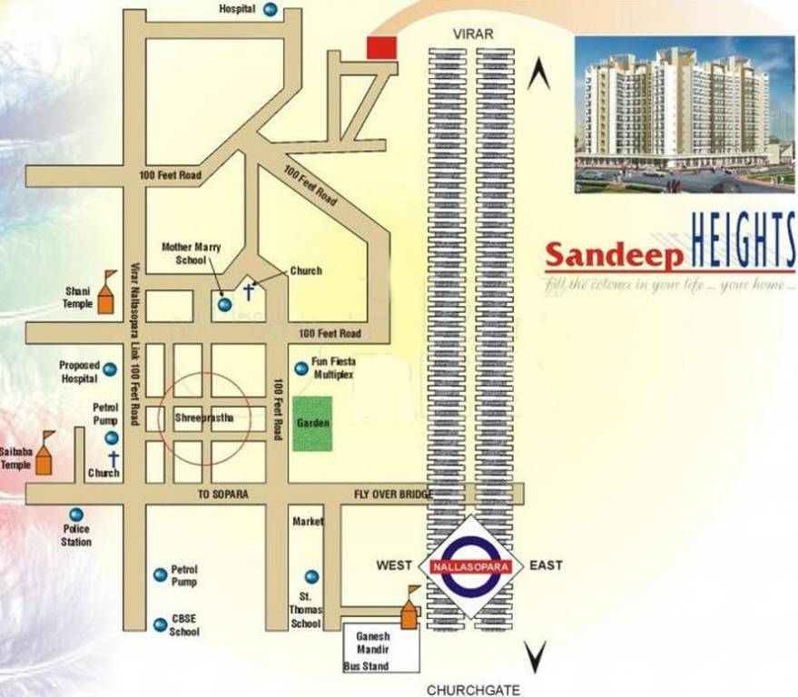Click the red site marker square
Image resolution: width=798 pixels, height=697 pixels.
point(380,48)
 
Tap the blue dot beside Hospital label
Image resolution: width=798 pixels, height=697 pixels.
point(271,9)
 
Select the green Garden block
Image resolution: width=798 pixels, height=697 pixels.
point(312,424)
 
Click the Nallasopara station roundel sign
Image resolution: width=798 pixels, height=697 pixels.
point(471,565)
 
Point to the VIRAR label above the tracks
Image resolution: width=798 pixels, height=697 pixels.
point(473,34)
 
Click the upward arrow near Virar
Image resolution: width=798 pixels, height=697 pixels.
point(538,74)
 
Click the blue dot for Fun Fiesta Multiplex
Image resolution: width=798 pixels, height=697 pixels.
point(300,368)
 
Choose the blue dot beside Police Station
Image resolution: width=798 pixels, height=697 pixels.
point(76,515)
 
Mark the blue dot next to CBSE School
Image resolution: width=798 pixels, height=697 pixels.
point(160,624)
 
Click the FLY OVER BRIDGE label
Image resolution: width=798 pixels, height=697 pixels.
point(393,494)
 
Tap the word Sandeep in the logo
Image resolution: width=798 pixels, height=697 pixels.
point(614,256)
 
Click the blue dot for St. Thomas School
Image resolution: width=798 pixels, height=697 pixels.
point(311,576)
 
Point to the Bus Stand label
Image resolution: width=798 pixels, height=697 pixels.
point(366,666)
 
